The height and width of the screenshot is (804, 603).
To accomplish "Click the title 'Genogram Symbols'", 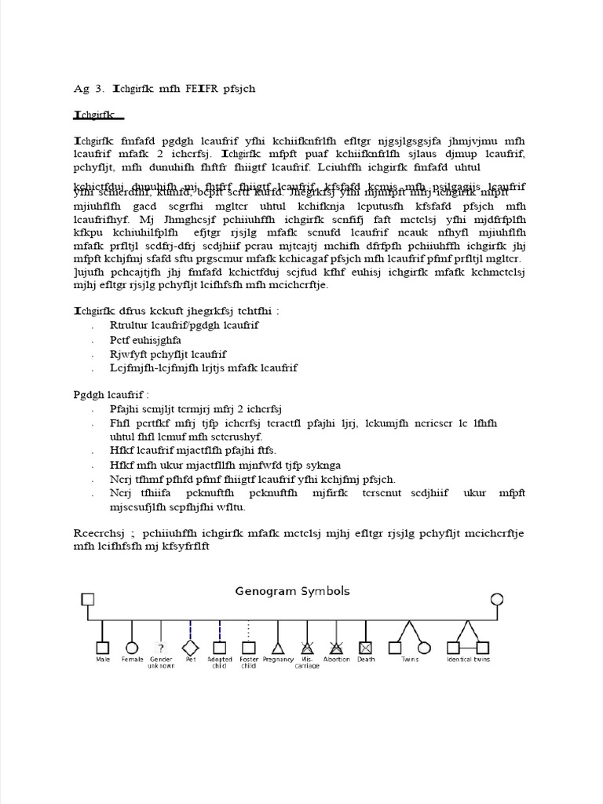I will [x=292, y=591].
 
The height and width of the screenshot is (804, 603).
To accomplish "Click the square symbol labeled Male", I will [x=102, y=648].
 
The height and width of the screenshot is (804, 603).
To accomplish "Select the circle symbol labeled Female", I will [x=132, y=648].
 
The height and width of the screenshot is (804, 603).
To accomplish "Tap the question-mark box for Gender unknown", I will [x=161, y=648].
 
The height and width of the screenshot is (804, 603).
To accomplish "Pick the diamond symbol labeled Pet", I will [x=190, y=648].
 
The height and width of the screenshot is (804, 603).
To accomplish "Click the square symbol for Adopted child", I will [x=219, y=648].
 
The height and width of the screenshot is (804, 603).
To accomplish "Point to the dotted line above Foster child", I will [x=249, y=630].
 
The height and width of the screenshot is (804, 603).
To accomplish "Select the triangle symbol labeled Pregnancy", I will [x=277, y=648].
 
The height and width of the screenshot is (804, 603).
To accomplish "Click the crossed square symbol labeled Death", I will [x=365, y=648].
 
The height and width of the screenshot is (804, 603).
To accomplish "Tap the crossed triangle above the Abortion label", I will [x=336, y=648].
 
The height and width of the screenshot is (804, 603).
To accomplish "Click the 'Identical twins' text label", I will [x=468, y=660].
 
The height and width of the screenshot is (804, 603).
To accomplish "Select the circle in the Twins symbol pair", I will [x=424, y=648].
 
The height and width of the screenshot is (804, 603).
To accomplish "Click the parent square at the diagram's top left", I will [x=87, y=600].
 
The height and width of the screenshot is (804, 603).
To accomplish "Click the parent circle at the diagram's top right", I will [x=496, y=600].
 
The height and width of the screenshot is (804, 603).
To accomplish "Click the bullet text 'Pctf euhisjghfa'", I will [x=146, y=339].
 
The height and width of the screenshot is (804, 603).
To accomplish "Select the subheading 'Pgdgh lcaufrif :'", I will [x=105, y=393].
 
